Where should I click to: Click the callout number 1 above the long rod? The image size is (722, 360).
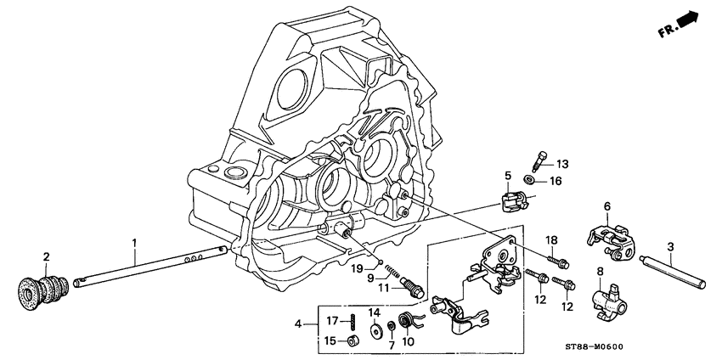pyautogui.click(x=133, y=243)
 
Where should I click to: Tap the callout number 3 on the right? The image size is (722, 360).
pyautogui.click(x=670, y=247)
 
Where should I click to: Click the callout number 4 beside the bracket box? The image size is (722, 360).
pyautogui.click(x=298, y=324)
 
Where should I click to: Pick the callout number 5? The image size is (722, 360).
pyautogui.click(x=507, y=177)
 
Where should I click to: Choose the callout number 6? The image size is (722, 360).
pyautogui.click(x=607, y=205)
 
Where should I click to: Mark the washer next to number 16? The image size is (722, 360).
pyautogui.click(x=531, y=180)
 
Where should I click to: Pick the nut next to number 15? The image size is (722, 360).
pyautogui.click(x=350, y=340)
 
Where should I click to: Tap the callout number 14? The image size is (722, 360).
pyautogui.click(x=374, y=312)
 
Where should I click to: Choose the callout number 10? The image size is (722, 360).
pyautogui.click(x=407, y=342)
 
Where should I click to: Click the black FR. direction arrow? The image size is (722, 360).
pyautogui.click(x=688, y=23)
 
